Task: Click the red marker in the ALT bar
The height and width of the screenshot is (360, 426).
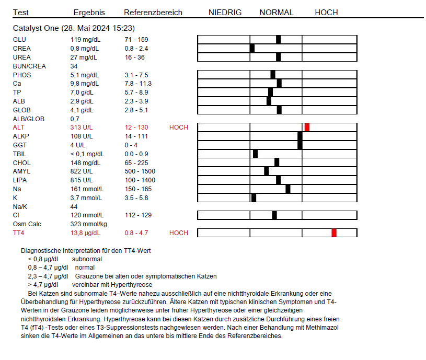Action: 307,127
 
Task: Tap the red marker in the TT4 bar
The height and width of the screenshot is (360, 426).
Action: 334,233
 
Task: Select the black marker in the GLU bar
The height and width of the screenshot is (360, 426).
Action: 278,39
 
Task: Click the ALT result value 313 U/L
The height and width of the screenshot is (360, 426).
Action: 82,127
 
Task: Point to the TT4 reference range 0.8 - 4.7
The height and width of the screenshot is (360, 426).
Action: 136,233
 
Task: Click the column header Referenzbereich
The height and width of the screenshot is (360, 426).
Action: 153,13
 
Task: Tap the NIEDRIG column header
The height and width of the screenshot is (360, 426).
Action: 225,13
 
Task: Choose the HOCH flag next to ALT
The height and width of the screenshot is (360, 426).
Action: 178,127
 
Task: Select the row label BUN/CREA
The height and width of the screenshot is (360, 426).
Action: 29,66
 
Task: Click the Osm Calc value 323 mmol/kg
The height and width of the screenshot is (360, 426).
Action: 88,224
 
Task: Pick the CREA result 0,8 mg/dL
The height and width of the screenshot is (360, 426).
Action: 85,48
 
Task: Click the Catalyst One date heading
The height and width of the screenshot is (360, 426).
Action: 74,28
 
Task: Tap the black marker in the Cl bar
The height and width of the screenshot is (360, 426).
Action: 274,215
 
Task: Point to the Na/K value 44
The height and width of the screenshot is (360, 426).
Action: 74,206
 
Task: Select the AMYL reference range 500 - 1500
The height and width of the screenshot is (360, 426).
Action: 140,171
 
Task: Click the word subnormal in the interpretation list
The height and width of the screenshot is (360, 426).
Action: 87,259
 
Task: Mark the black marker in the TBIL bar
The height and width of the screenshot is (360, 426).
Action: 256,154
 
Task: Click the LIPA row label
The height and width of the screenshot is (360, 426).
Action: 20,180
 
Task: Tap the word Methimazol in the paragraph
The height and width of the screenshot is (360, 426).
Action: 322,328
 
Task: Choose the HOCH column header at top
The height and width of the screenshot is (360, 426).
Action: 326,13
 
